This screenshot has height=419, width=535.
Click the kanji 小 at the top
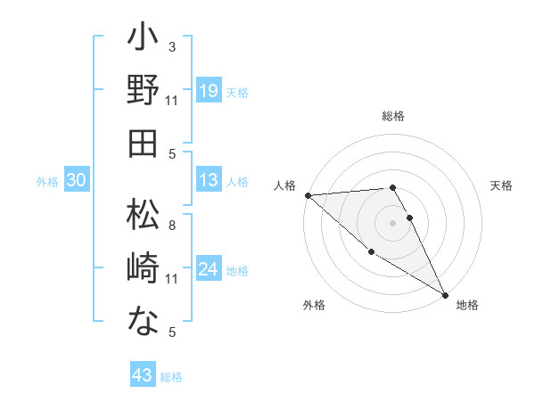click(143, 39)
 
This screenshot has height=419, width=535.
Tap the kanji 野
click(143, 91)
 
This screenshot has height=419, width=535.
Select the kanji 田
click(143, 143)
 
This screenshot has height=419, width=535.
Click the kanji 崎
click(143, 268)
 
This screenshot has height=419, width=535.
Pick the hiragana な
click(143, 320)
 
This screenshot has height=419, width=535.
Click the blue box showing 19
click(209, 91)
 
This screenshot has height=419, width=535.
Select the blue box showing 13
click(209, 180)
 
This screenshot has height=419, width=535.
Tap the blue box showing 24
click(209, 269)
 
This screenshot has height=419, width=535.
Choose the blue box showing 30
click(77, 180)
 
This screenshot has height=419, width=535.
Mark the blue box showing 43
click(143, 376)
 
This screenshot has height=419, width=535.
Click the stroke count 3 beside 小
click(172, 46)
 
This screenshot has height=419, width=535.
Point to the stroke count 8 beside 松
click(172, 225)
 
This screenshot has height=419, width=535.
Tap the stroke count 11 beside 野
click(172, 101)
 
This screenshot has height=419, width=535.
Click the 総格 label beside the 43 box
click(172, 377)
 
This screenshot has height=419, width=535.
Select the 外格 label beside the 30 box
click(47, 181)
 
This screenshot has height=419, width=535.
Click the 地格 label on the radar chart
click(467, 305)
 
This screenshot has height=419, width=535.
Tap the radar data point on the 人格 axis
click(308, 194)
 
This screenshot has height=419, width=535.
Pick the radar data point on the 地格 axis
click(445, 293)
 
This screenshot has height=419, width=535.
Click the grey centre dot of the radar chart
click(392, 223)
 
